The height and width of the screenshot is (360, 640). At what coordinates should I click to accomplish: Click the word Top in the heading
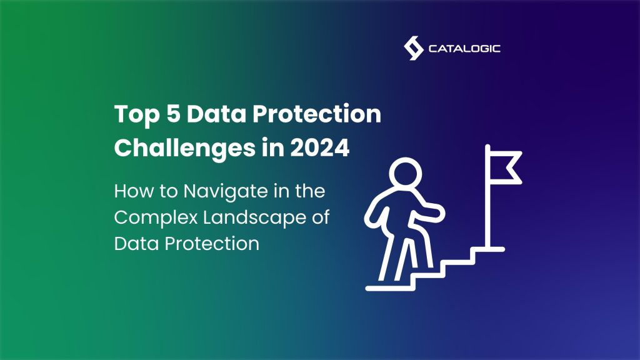133,116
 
